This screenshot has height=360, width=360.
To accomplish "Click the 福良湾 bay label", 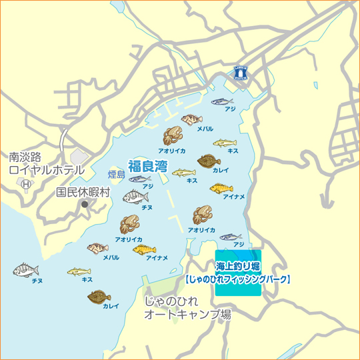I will coord(147,165).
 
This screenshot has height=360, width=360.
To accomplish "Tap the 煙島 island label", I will coord(116,175).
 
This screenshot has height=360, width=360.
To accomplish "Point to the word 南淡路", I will coord(25,157).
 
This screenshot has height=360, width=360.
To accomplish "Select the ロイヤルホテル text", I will coord(47,170).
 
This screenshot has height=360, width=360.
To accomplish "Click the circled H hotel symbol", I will coord(26,183).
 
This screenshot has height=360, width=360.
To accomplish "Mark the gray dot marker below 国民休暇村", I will coord(84,203).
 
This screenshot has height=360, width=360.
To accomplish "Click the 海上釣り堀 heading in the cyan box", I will coord(239,269).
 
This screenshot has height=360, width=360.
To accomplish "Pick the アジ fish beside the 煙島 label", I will coord(139,179).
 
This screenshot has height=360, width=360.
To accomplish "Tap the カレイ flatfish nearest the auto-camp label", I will coord(99,295).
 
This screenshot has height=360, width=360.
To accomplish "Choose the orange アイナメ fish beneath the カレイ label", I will coord(221,189).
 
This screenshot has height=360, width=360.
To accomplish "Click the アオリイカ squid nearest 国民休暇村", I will coord(129,225).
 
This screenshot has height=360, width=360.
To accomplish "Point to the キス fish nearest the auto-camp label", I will coord(79,271).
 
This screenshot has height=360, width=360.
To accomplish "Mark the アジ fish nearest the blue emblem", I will coord(223,101).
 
